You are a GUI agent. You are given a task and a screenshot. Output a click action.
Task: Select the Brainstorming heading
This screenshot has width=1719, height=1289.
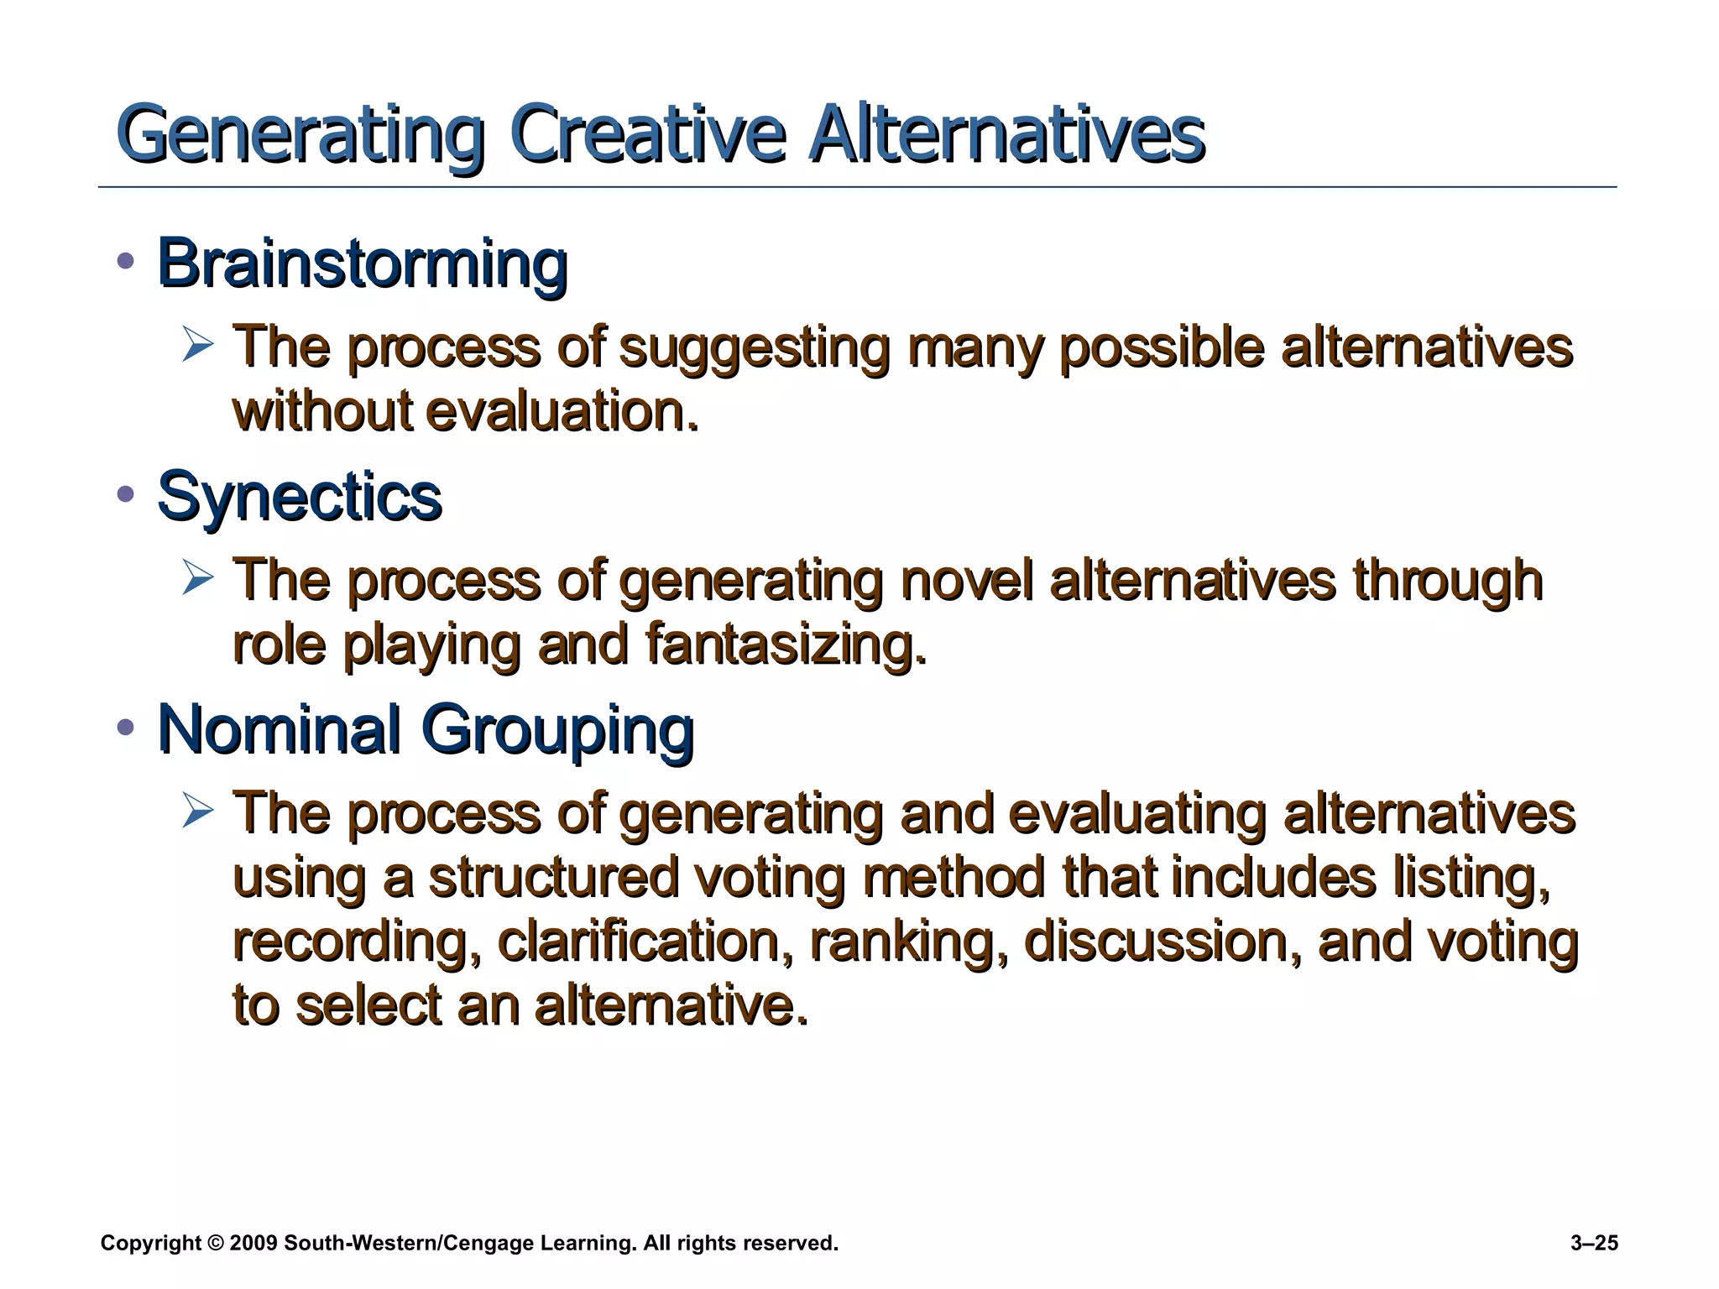click(x=363, y=264)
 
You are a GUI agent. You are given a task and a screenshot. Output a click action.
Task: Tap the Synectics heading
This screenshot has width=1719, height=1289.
click(x=299, y=497)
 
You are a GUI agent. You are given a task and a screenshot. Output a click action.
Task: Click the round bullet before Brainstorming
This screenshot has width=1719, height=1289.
click(x=126, y=262)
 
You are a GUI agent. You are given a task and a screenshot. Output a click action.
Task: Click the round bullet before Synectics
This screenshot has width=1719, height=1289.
click(x=126, y=494)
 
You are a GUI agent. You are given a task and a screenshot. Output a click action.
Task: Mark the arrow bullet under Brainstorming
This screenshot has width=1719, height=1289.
click(x=198, y=346)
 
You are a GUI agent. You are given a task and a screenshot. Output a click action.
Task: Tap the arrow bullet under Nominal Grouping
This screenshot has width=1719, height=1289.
click(x=198, y=811)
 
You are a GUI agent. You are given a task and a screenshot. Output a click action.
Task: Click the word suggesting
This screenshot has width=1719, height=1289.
click(x=754, y=348)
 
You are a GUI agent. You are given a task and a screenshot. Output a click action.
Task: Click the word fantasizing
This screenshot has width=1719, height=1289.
click(x=786, y=645)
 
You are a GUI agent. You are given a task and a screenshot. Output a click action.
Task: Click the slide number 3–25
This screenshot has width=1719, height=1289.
click(x=1593, y=1243)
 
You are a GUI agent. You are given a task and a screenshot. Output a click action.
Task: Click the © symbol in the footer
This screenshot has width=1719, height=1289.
click(x=216, y=1243)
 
